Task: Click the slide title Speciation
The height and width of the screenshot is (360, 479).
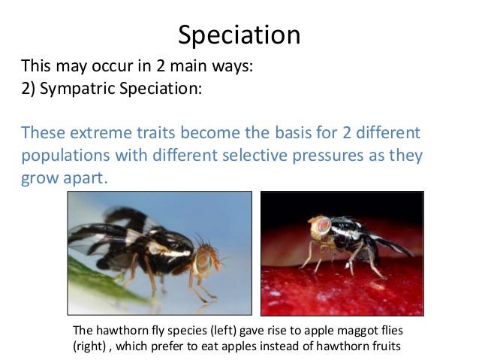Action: click(239, 35)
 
